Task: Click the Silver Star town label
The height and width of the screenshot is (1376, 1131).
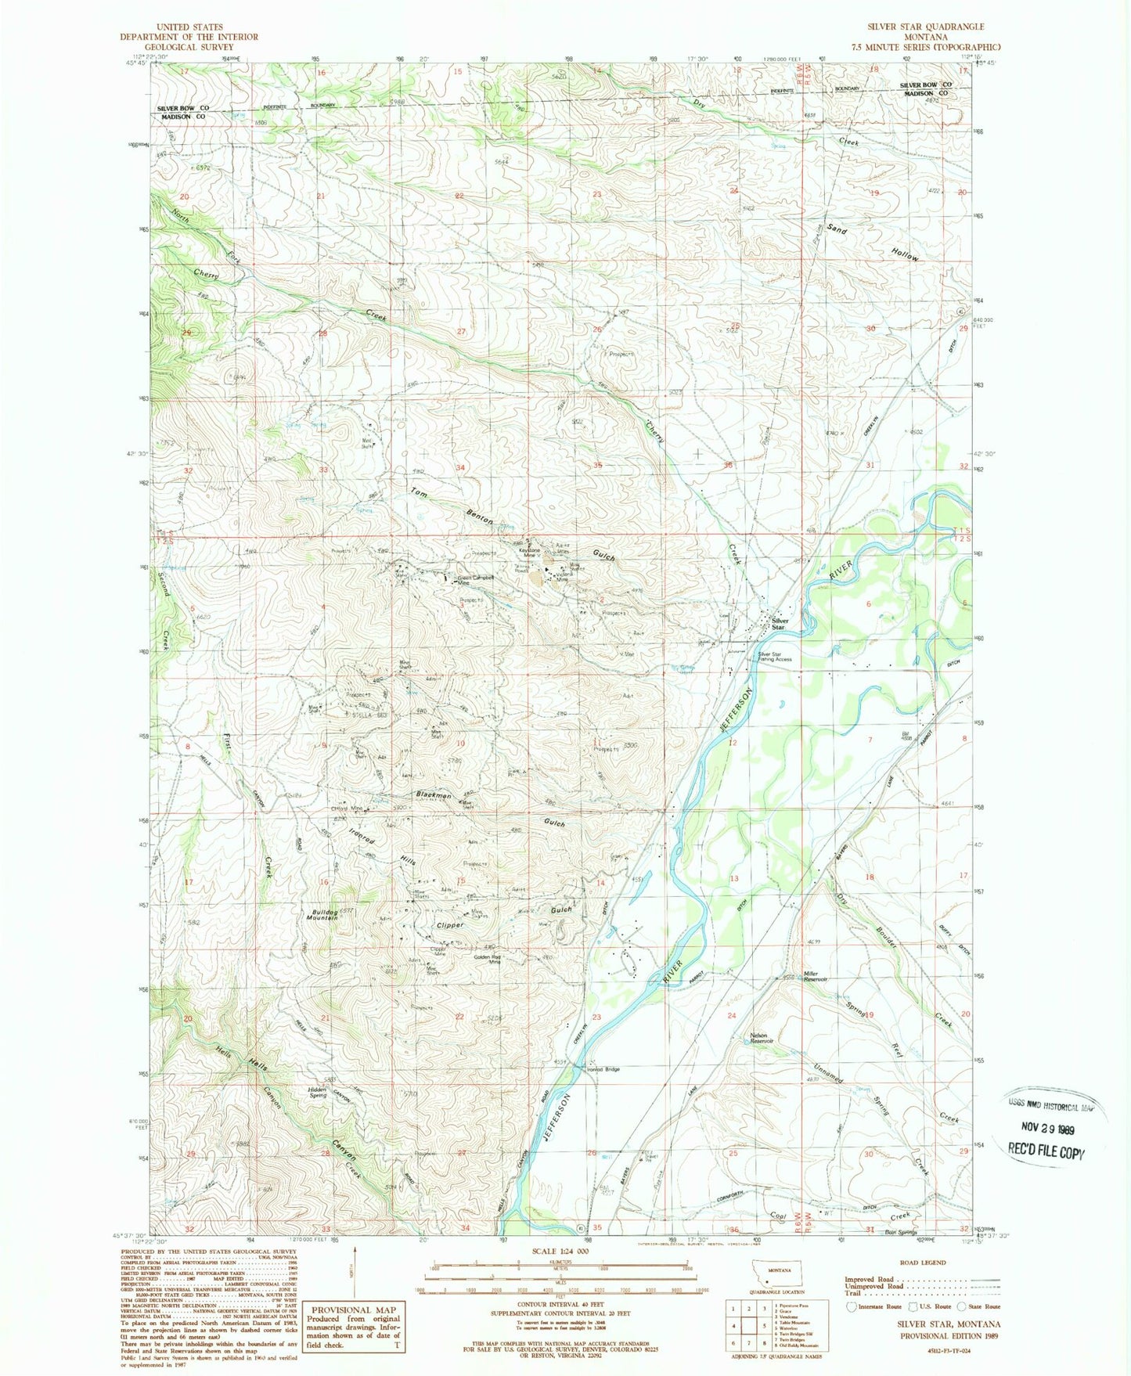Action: click(778, 624)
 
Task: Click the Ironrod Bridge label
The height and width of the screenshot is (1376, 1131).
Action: click(603, 1069)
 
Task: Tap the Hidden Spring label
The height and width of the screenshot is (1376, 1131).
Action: click(317, 1093)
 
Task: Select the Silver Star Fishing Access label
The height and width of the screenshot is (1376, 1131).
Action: click(774, 657)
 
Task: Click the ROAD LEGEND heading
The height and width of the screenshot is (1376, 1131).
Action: click(924, 1263)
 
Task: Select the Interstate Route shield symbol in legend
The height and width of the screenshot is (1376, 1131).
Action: click(852, 1306)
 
